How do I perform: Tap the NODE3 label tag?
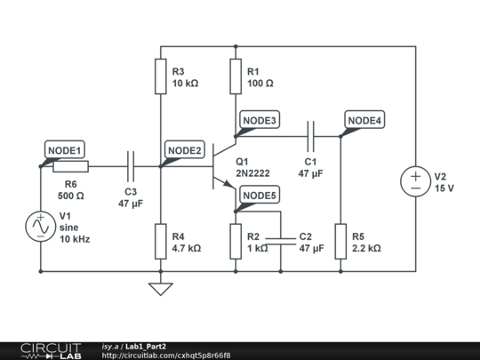click(x=260, y=120)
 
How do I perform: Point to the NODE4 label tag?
click(x=364, y=120)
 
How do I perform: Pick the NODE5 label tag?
click(x=260, y=196)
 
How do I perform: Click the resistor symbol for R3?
click(x=160, y=76)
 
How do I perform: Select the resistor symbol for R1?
click(x=236, y=76)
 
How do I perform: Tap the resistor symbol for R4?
click(x=160, y=241)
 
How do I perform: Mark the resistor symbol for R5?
click(x=341, y=241)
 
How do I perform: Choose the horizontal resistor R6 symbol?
click(x=70, y=166)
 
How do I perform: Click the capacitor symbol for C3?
click(x=131, y=165)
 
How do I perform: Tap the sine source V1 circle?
click(x=40, y=227)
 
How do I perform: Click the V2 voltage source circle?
click(x=415, y=181)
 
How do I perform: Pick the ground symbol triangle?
click(x=160, y=288)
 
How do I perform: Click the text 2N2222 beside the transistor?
click(x=253, y=173)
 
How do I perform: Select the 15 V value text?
click(x=444, y=188)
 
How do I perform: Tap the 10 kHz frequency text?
click(x=75, y=239)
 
